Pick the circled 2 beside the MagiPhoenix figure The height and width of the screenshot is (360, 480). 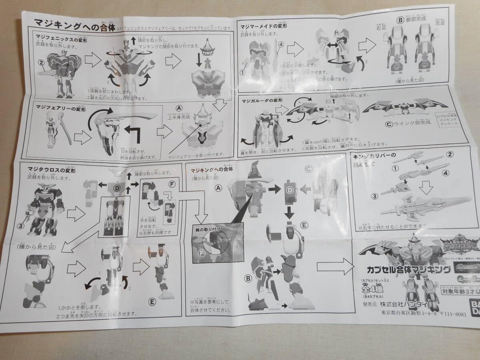click(40, 62)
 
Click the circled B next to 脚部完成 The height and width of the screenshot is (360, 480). click(398, 19)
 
